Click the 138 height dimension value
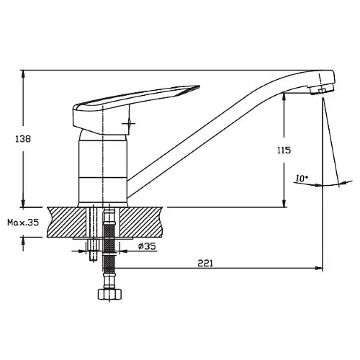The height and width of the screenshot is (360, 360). tap(23, 139)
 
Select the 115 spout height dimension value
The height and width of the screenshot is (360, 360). tap(284, 150)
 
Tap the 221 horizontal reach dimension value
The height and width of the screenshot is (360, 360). tap(205, 264)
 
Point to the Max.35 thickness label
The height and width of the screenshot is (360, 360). tap(23, 222)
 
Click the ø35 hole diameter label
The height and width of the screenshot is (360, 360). tap(147, 246)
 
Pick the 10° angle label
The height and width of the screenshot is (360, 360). tap(302, 179)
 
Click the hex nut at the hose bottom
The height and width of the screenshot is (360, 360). tap(110, 294)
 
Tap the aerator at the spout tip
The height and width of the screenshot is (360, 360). tap(322, 90)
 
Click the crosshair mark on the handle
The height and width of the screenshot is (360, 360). tap(129, 124)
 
